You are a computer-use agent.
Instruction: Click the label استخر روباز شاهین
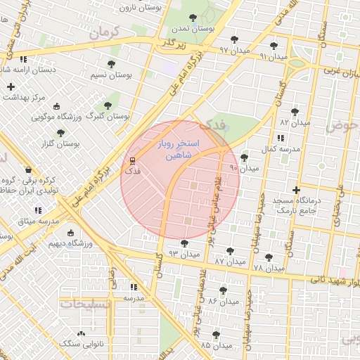[180, 149]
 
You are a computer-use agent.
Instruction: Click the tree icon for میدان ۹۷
[234, 39]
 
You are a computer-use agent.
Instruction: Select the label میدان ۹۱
[274, 56]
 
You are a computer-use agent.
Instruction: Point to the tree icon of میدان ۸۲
[294, 111]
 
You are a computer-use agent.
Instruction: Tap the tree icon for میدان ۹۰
[244, 157]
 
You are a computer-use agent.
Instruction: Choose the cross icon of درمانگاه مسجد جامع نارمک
[296, 189]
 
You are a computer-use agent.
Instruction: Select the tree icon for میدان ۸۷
[230, 251]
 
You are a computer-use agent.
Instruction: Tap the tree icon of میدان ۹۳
[184, 243]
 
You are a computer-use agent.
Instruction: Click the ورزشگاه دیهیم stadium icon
[70, 233]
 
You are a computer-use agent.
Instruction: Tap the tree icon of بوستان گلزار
[60, 132]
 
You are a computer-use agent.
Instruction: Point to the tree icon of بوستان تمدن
[193, 18]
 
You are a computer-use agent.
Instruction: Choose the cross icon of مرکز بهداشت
[11, 86]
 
